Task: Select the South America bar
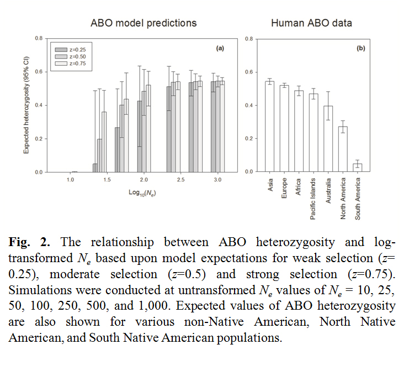pos(357,168)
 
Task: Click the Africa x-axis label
pos(299,184)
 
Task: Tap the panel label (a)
pos(220,49)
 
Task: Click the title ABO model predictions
pos(143,23)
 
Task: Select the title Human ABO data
pos(311,23)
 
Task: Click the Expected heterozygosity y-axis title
pos(26,105)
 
